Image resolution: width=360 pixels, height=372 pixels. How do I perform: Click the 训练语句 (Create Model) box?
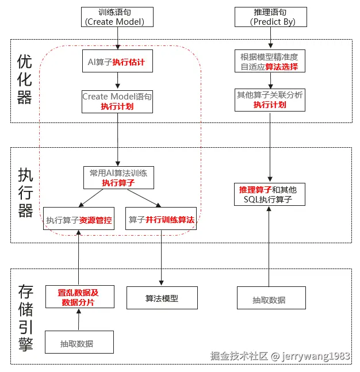pyautogui.click(x=118, y=17)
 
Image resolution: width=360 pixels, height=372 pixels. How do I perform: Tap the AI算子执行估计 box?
pyautogui.click(x=117, y=61)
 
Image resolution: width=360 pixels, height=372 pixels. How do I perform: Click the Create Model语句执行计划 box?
pyautogui.click(x=117, y=101)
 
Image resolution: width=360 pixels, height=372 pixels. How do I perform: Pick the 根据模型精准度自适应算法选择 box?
pyautogui.click(x=269, y=61)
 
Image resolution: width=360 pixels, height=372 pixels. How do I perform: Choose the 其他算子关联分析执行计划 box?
pyautogui.click(x=269, y=99)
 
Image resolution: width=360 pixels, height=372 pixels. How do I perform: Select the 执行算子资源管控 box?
pyautogui.click(x=79, y=220)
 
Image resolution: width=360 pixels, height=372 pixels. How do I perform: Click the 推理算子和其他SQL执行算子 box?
pyautogui.click(x=269, y=194)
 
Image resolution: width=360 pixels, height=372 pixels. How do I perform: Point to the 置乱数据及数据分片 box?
pyautogui.click(x=78, y=297)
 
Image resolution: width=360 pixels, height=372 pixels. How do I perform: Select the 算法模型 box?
pyautogui.click(x=162, y=298)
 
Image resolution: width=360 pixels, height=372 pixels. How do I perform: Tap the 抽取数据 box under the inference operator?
pyautogui.click(x=269, y=299)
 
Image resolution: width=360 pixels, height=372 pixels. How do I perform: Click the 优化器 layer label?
pyautogui.click(x=25, y=79)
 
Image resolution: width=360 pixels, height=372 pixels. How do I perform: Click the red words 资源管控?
pyautogui.click(x=96, y=220)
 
